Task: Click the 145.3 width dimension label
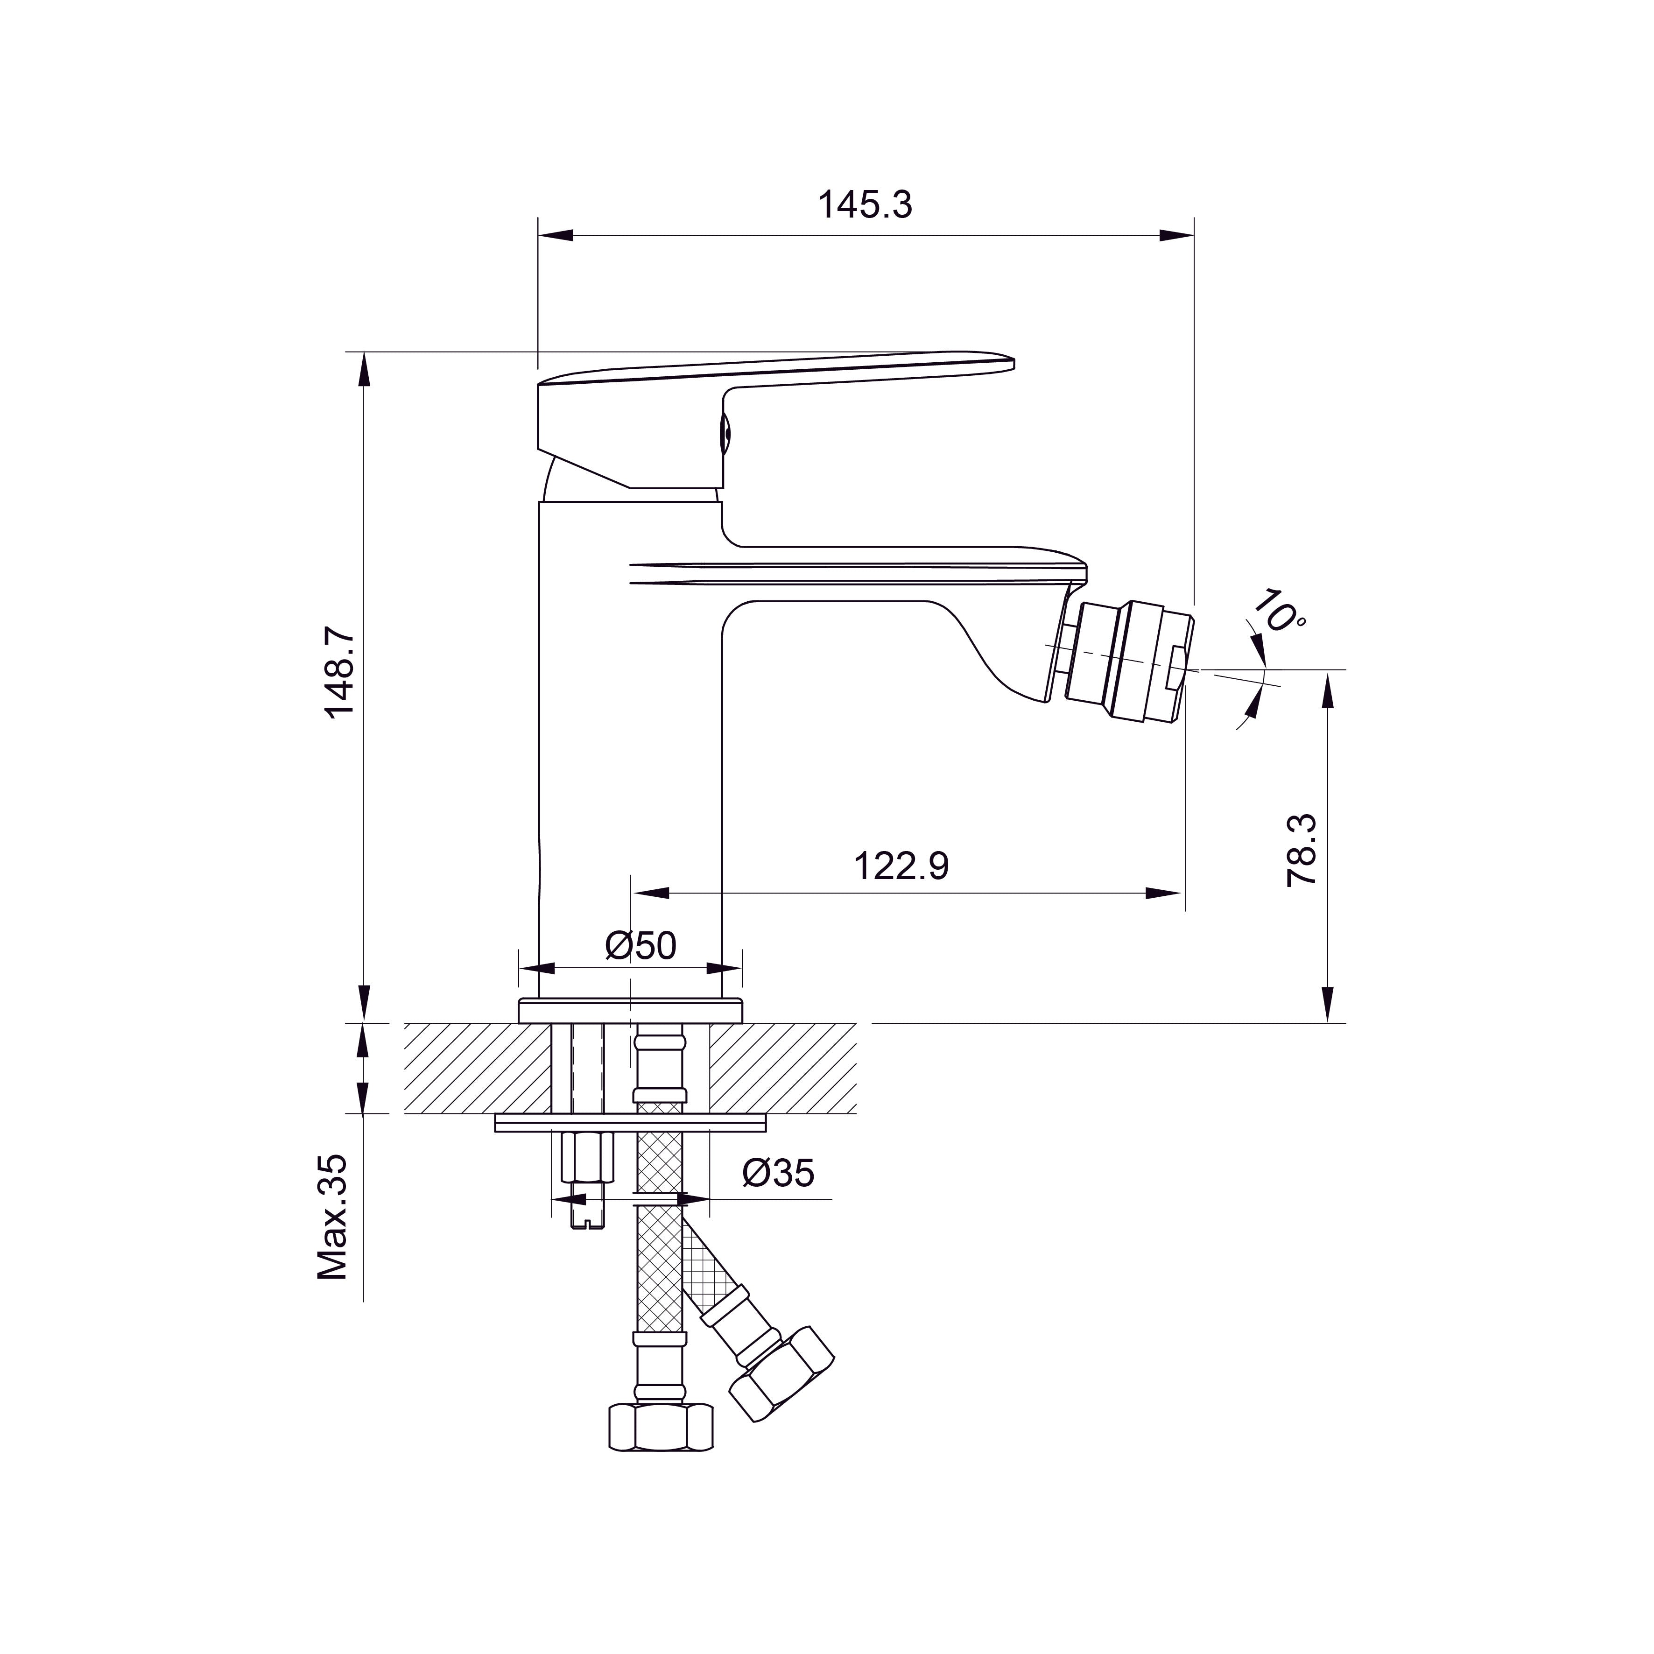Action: [865, 205]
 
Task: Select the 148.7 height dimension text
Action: [340, 672]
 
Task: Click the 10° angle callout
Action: [1280, 611]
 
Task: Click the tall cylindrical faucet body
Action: [630, 753]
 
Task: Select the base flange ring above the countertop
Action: [630, 1010]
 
